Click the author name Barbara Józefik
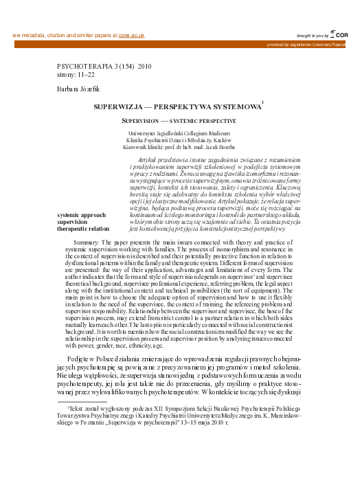click(x=78, y=90)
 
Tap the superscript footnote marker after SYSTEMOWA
click(x=262, y=103)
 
